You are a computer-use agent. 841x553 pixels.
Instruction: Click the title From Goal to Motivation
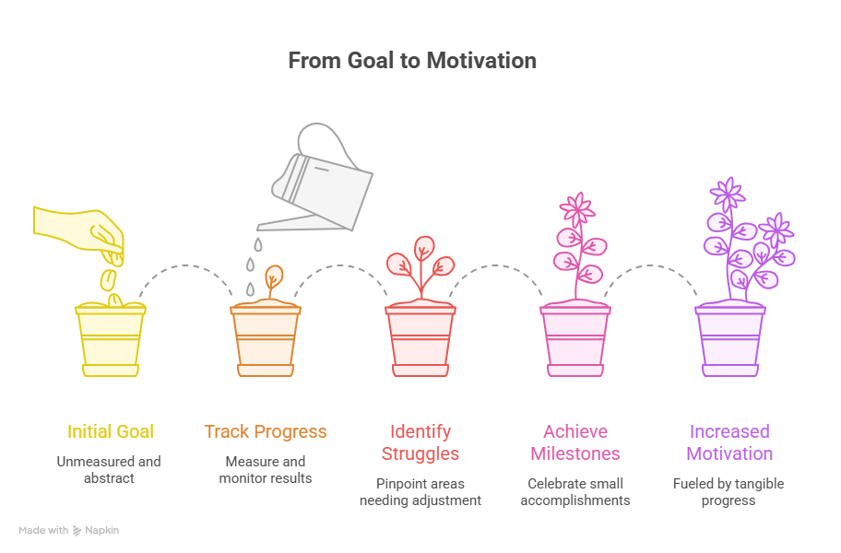point(412,62)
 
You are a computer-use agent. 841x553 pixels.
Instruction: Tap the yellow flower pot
point(111,339)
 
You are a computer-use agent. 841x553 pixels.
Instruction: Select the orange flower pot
point(266,339)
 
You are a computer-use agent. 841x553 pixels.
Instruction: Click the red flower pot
point(420,339)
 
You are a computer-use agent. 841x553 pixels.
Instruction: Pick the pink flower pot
point(574,339)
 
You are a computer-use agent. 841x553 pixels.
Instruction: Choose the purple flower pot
point(729,339)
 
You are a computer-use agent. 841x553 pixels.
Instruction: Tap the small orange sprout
point(273,279)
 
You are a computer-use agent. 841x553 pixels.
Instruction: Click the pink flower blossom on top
point(577,210)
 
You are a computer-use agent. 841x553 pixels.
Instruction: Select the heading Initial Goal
point(111,431)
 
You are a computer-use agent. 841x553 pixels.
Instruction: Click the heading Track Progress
point(266,431)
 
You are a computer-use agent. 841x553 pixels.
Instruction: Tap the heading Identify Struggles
point(420,442)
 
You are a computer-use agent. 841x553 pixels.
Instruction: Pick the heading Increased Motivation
point(730,442)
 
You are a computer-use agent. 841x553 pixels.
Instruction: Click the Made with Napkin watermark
point(69,530)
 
